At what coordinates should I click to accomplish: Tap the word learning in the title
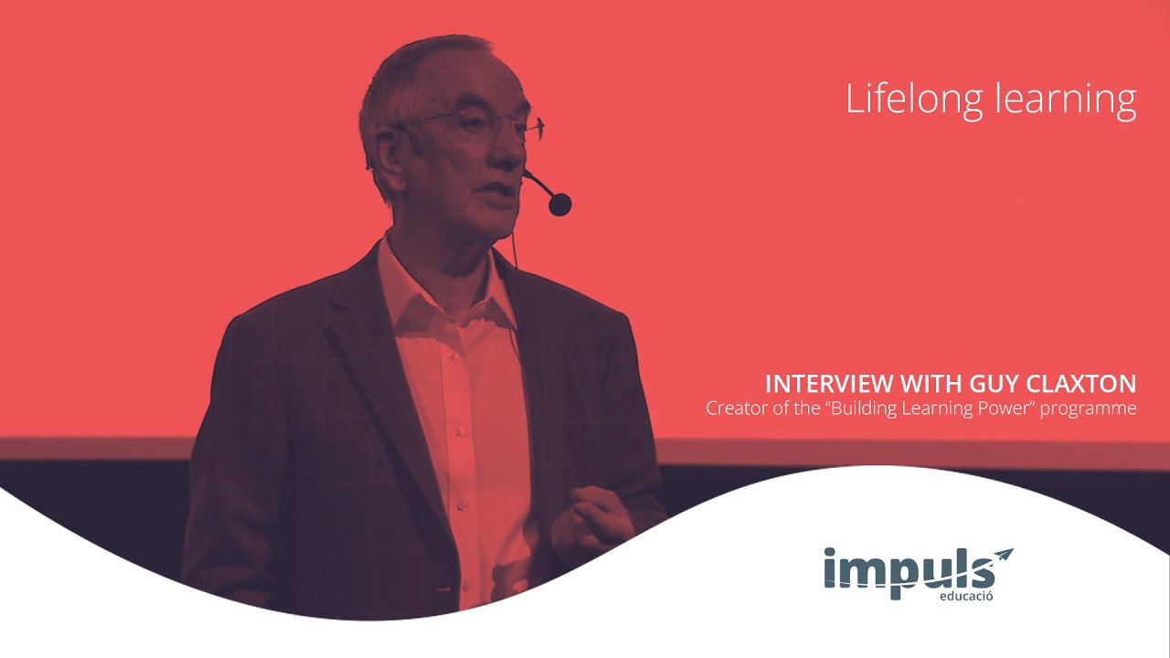[1064, 99]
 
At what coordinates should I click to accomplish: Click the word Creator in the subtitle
[734, 408]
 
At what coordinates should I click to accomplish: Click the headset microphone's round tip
[559, 204]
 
